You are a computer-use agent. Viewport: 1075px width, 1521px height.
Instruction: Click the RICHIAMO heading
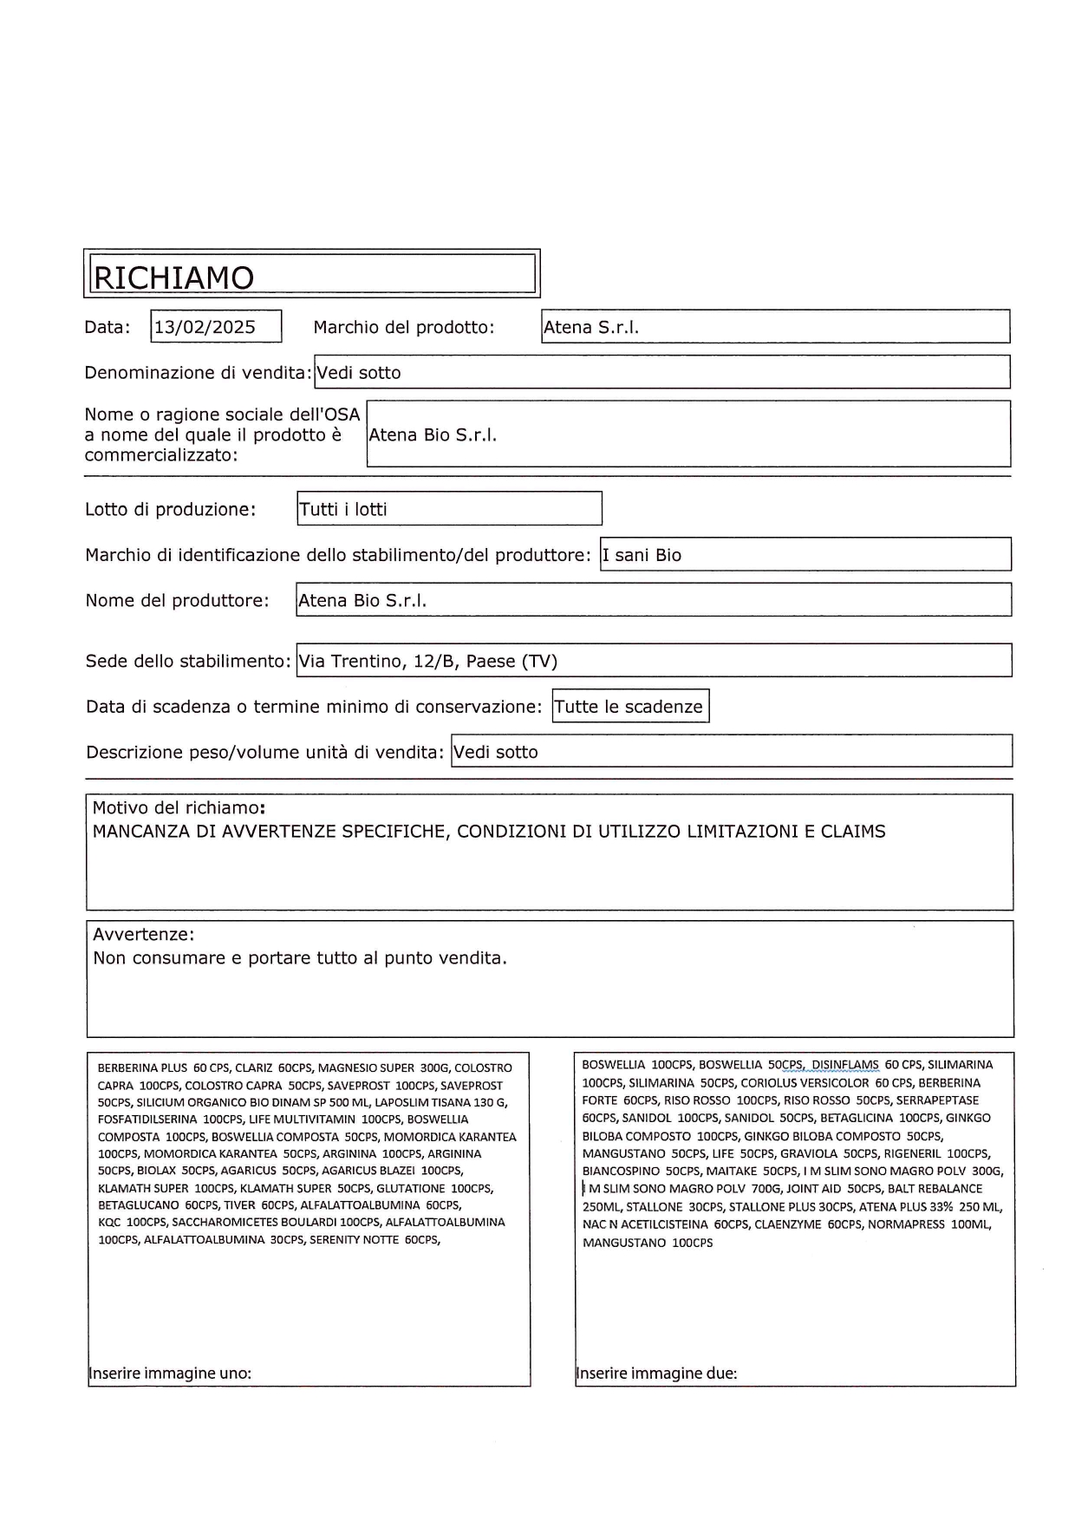click(x=173, y=277)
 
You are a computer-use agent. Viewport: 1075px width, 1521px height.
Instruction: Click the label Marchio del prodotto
click(x=403, y=328)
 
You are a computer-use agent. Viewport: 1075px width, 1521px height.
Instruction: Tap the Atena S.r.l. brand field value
click(x=591, y=328)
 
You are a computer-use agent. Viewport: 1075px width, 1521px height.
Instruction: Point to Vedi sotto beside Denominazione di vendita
click(x=359, y=373)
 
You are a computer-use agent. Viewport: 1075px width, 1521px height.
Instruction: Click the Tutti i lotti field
click(x=343, y=509)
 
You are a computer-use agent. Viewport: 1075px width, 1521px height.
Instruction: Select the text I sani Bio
click(x=642, y=555)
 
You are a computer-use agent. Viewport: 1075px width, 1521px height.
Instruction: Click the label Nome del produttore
click(x=177, y=600)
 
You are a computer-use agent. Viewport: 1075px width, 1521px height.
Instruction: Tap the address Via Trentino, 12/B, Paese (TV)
click(x=428, y=661)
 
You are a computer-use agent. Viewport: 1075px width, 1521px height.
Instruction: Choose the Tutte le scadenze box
click(x=629, y=707)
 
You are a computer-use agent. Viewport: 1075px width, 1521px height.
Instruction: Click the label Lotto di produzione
click(x=170, y=509)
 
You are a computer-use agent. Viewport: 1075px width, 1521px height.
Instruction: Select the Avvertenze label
click(x=143, y=934)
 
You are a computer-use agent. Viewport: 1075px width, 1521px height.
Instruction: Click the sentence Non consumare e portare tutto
click(x=299, y=958)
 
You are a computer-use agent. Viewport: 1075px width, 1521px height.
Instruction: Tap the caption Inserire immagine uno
click(x=171, y=1374)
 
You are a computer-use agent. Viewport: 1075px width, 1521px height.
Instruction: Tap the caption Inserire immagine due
click(x=657, y=1374)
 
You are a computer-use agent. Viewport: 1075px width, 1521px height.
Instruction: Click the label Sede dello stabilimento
click(x=187, y=661)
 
